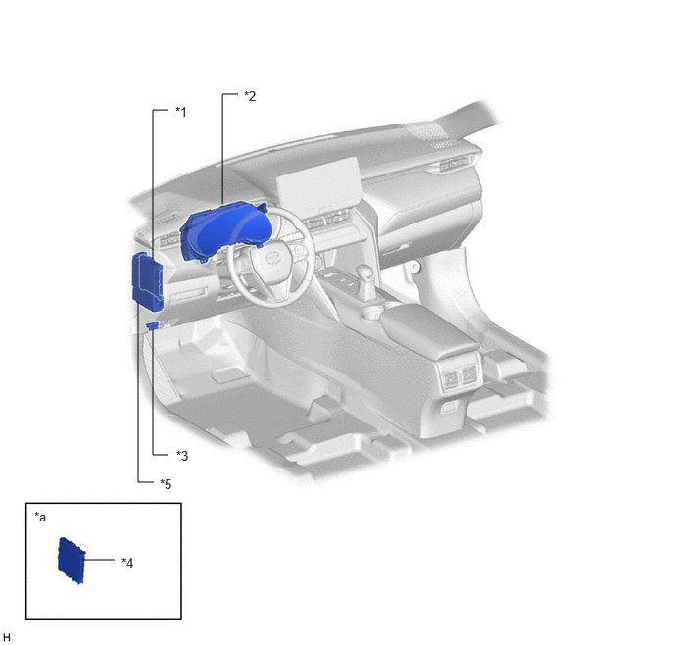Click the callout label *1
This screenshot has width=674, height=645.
click(181, 112)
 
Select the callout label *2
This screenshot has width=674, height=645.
click(250, 96)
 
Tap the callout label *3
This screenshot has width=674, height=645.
click(182, 456)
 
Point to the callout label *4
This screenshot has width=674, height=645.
click(127, 563)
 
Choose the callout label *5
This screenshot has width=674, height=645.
click(166, 484)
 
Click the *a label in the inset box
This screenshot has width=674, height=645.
click(40, 517)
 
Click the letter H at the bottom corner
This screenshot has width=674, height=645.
click(7, 637)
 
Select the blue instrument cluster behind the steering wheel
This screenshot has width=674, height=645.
click(226, 229)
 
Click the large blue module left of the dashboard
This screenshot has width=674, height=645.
click(147, 281)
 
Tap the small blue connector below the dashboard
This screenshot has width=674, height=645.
click(153, 326)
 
